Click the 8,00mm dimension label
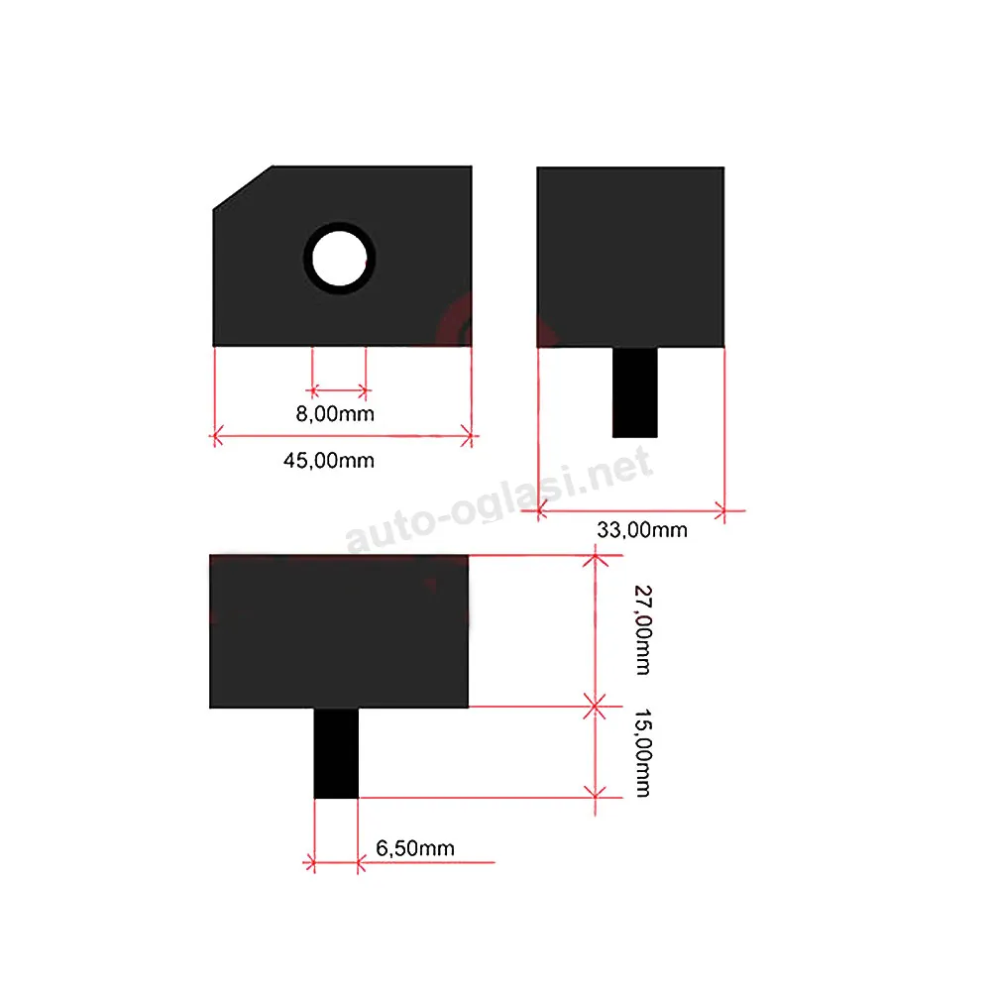pyautogui.click(x=335, y=414)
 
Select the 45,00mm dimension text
pyautogui.click(x=329, y=460)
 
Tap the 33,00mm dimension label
pyautogui.click(x=642, y=529)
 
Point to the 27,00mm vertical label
pyautogui.click(x=643, y=630)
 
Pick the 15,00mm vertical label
pyautogui.click(x=643, y=753)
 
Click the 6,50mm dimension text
pyautogui.click(x=415, y=848)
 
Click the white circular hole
pyautogui.click(x=339, y=259)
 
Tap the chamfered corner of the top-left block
pyautogui.click(x=243, y=187)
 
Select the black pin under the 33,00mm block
pyautogui.click(x=634, y=391)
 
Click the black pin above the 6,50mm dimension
pyautogui.click(x=336, y=753)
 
